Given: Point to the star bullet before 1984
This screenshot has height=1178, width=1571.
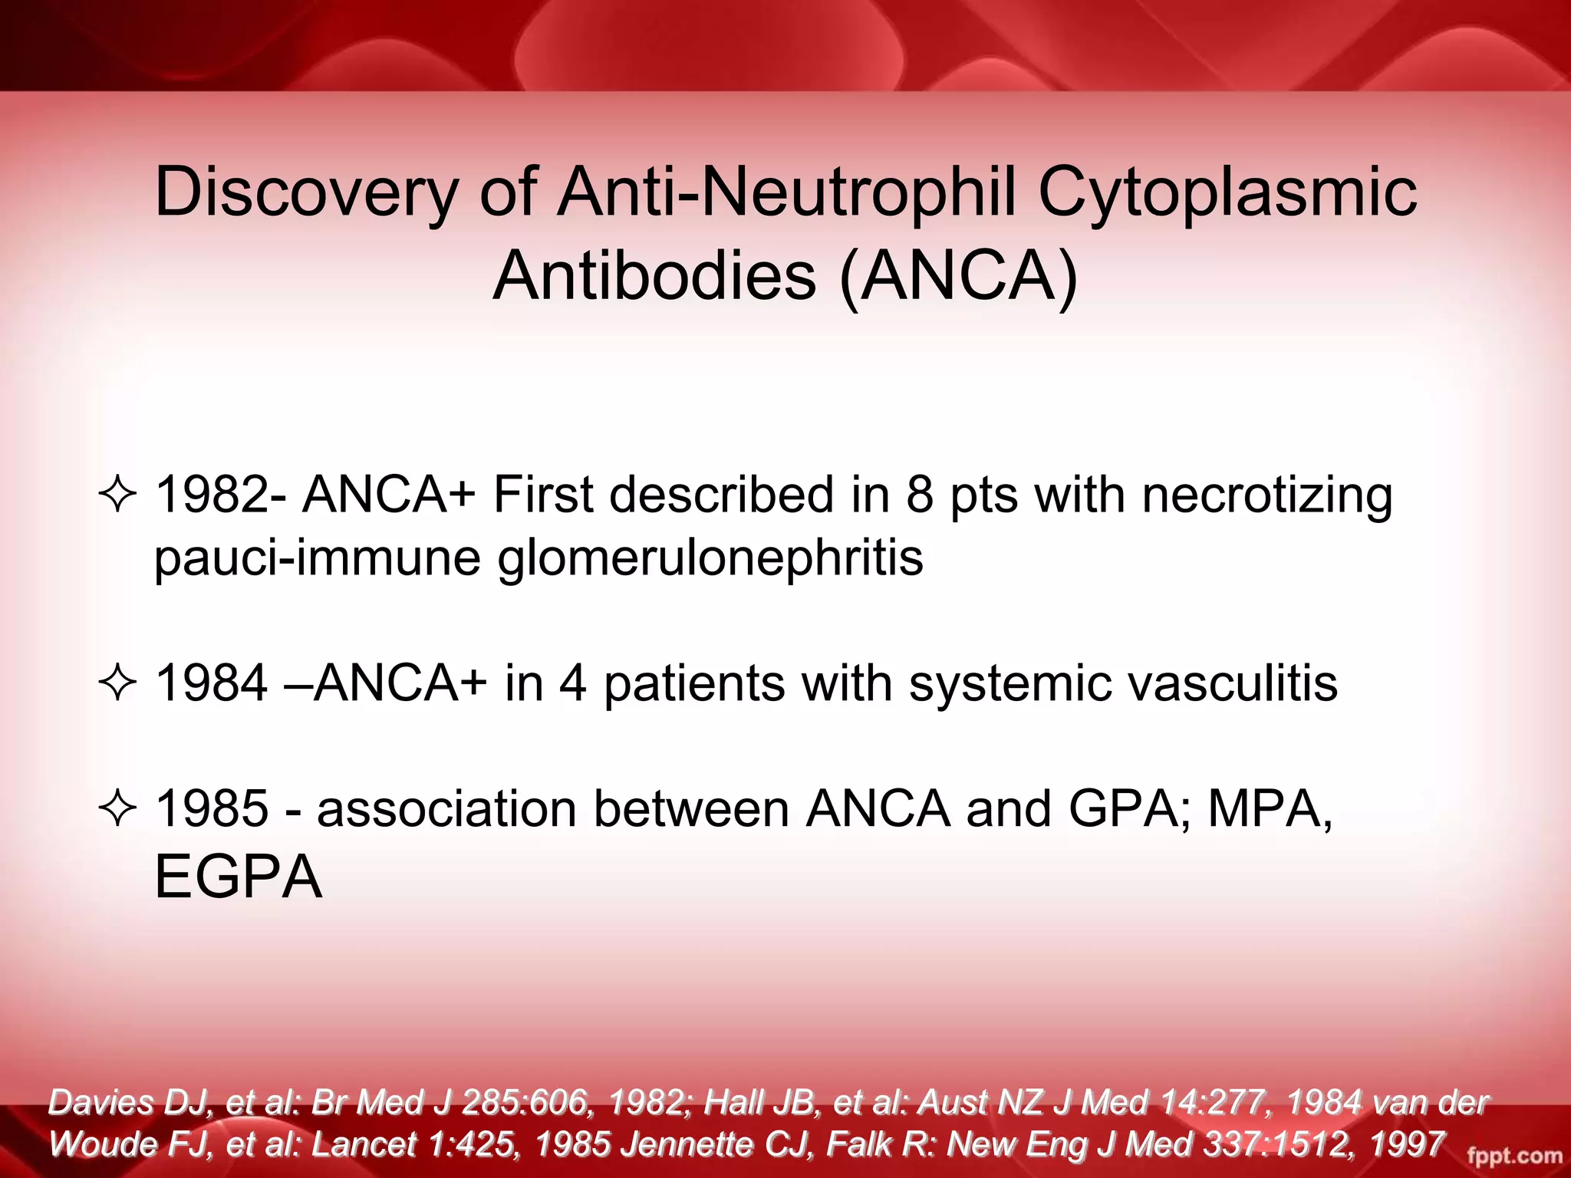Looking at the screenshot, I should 117,683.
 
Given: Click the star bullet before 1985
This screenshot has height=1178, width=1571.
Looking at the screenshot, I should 117,809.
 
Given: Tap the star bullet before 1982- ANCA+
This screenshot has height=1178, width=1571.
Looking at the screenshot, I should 117,495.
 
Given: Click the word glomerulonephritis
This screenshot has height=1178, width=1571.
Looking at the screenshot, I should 710,558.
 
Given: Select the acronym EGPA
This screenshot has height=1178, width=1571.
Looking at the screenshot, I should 238,877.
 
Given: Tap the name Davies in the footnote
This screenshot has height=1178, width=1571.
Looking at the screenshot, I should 100,1103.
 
